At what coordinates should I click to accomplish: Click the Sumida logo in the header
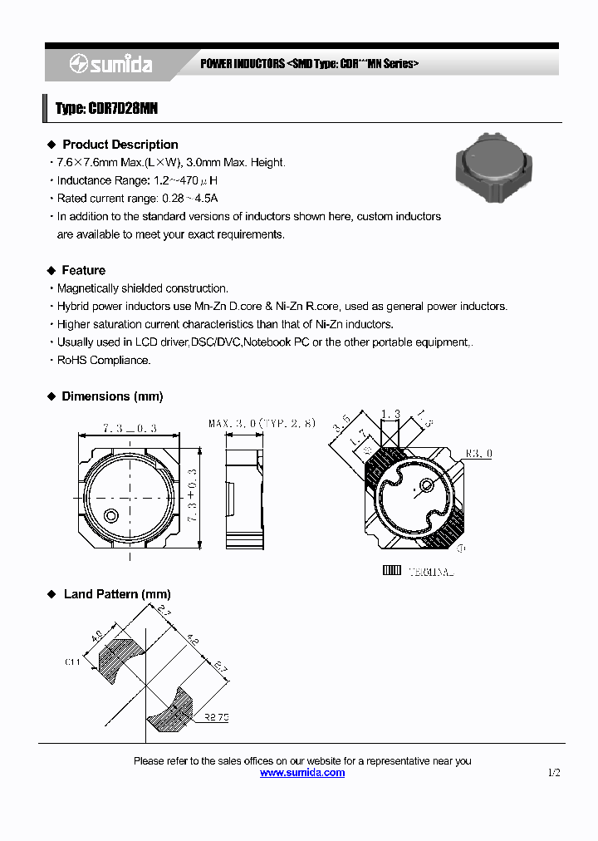click(110, 64)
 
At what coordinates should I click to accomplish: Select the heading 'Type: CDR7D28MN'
click(106, 109)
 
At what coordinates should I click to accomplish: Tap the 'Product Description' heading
click(120, 145)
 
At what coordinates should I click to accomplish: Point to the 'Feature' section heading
click(83, 270)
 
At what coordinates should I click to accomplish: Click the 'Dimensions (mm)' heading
click(112, 396)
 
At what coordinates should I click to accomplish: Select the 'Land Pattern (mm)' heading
click(116, 594)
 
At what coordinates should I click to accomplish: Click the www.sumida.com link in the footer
click(302, 773)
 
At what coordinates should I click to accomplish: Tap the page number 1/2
click(554, 773)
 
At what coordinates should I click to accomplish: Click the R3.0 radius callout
click(479, 454)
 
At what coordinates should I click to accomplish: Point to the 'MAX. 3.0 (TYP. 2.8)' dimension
click(262, 424)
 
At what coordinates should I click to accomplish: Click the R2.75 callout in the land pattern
click(216, 715)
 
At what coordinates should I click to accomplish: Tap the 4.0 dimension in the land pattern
click(97, 636)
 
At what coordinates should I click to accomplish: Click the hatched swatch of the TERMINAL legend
click(391, 571)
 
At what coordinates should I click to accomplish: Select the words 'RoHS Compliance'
click(104, 361)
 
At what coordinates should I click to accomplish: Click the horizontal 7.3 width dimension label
click(130, 428)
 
